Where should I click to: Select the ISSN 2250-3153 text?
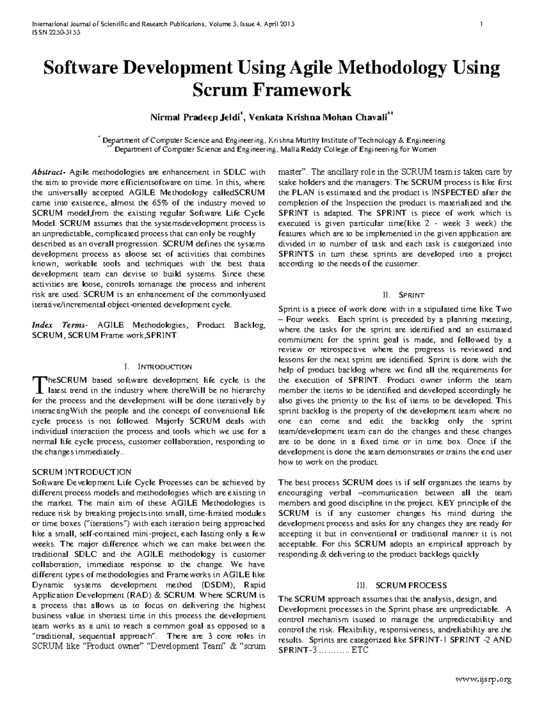tap(53, 33)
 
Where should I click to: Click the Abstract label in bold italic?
tap(49, 172)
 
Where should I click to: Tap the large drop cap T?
tap(37, 384)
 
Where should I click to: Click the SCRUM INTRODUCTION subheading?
tap(82, 472)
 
